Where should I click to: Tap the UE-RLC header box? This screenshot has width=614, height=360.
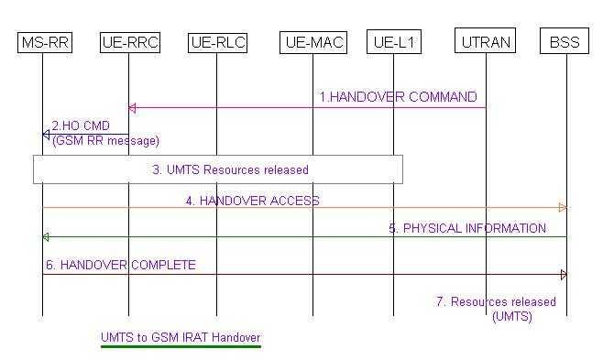pos(217,41)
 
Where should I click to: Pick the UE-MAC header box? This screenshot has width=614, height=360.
pos(313,41)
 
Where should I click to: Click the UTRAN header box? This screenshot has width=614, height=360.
pos(486,41)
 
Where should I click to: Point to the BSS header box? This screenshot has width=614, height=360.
pos(566,41)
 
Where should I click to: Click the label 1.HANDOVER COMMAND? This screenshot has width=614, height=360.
pos(398,97)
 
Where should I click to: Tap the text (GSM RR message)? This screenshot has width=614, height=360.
pos(105,140)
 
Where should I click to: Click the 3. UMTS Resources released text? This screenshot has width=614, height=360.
pos(230,169)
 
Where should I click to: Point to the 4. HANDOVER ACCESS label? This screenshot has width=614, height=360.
pos(252,200)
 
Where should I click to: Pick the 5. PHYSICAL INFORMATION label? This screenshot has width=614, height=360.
pos(467,228)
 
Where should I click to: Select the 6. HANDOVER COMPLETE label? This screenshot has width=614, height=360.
pos(121,266)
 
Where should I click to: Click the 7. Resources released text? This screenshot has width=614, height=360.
pos(495,301)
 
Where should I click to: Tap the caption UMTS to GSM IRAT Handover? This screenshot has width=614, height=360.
pos(181,337)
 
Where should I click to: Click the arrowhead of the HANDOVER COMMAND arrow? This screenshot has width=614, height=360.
pos(132,108)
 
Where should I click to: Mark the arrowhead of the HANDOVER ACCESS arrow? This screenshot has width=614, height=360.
pos(563,208)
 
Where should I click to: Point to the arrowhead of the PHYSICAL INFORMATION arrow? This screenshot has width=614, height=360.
pos(46,237)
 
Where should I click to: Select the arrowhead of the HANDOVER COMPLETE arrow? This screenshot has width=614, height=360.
pos(563,274)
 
